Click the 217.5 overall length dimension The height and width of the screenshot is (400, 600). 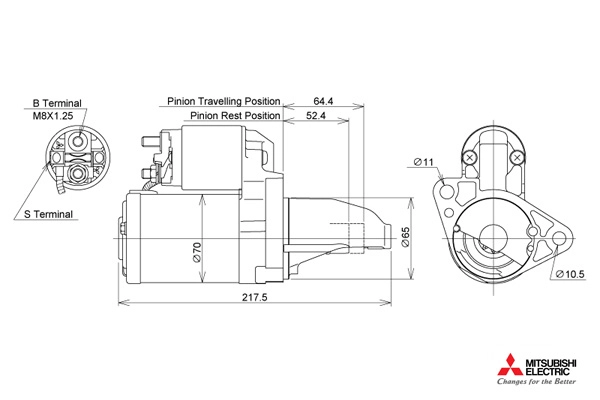tap(254, 297)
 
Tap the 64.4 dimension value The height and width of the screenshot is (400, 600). tap(323, 101)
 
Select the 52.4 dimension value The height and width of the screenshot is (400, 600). tap(316, 116)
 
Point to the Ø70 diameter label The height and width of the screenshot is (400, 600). tap(197, 252)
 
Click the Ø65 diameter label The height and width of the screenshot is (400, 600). tap(405, 237)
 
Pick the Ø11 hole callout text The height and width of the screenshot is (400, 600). tap(424, 162)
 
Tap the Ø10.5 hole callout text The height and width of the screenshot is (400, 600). tap(570, 274)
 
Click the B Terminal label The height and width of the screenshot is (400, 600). tap(57, 103)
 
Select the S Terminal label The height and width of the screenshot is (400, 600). tap(48, 214)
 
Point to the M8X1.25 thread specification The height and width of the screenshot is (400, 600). tap(53, 116)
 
